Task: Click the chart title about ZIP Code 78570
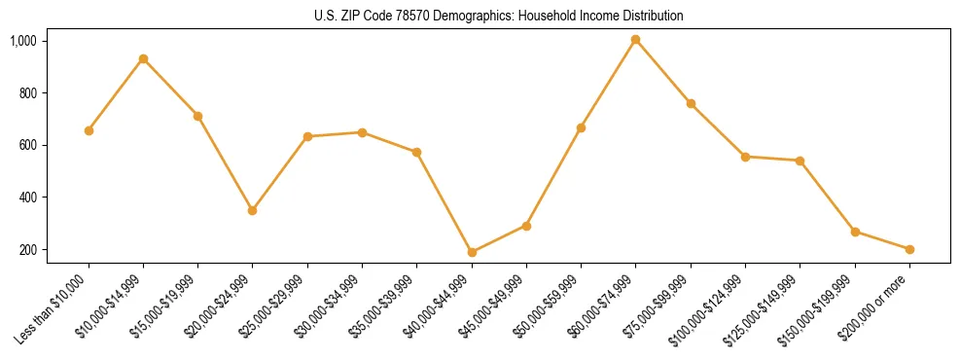pyautogui.click(x=499, y=16)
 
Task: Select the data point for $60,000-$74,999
pyautogui.click(x=636, y=40)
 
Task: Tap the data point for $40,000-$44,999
pyautogui.click(x=472, y=252)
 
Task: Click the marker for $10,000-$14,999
pyautogui.click(x=143, y=59)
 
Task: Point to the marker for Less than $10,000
pyautogui.click(x=89, y=130)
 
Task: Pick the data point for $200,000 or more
pyautogui.click(x=909, y=249)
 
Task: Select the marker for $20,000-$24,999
pyautogui.click(x=253, y=210)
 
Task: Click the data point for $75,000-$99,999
pyautogui.click(x=691, y=103)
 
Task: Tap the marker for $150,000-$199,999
pyautogui.click(x=855, y=232)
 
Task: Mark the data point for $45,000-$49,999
pyautogui.click(x=526, y=226)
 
